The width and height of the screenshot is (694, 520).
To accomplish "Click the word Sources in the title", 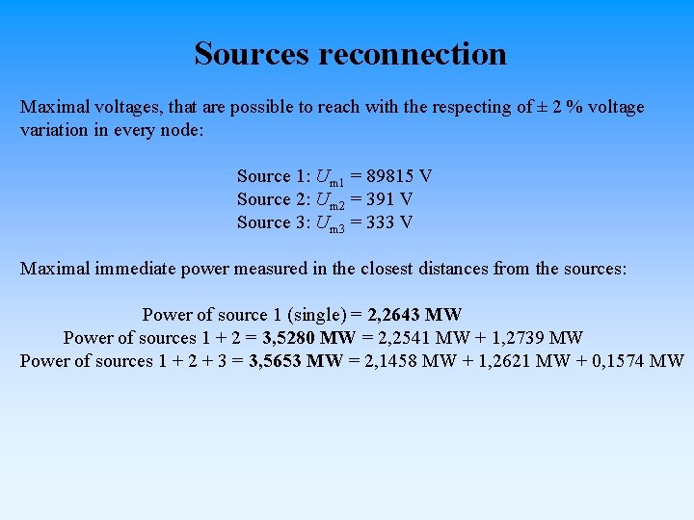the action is (253, 53).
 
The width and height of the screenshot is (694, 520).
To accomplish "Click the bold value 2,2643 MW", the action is (415, 315).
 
